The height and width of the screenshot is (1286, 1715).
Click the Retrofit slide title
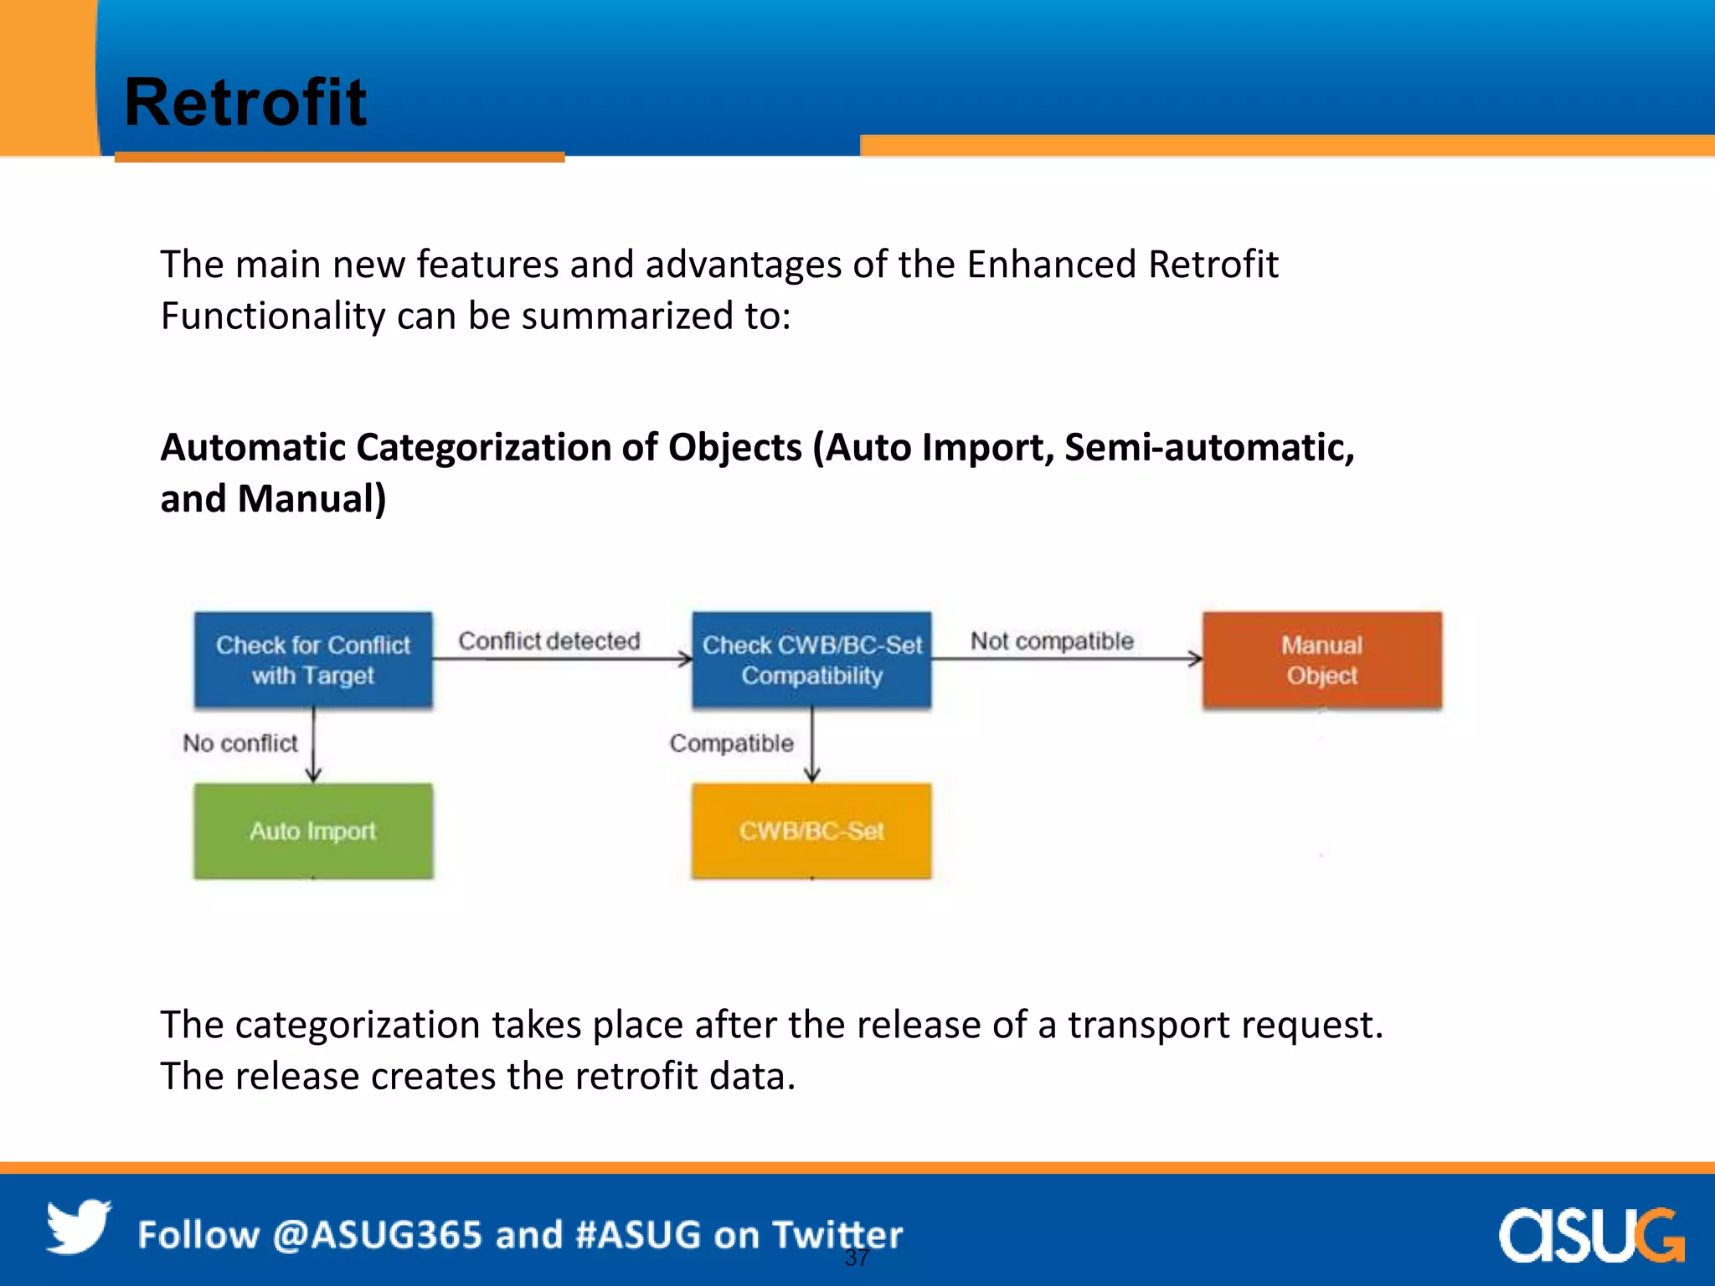pos(245,102)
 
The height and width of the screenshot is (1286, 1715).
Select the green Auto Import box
pos(313,831)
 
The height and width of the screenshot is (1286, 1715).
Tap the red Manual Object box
pos(1321,660)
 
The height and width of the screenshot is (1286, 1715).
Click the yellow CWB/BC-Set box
pos(811,831)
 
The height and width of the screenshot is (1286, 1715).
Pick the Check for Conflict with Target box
pos(313,660)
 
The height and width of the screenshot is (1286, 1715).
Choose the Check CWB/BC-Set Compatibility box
pos(811,660)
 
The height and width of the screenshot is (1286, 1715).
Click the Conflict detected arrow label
pos(548,640)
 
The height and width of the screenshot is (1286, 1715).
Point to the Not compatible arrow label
pos(1052,640)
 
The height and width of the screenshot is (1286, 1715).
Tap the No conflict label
pos(240,743)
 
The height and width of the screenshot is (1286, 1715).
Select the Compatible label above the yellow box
pos(731,743)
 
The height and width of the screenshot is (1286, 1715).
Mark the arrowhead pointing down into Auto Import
pos(313,775)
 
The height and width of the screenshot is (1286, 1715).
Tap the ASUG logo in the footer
pos(1591,1234)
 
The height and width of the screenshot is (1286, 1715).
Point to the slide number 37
pos(856,1258)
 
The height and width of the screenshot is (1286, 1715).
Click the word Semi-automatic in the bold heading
pos(1208,447)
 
